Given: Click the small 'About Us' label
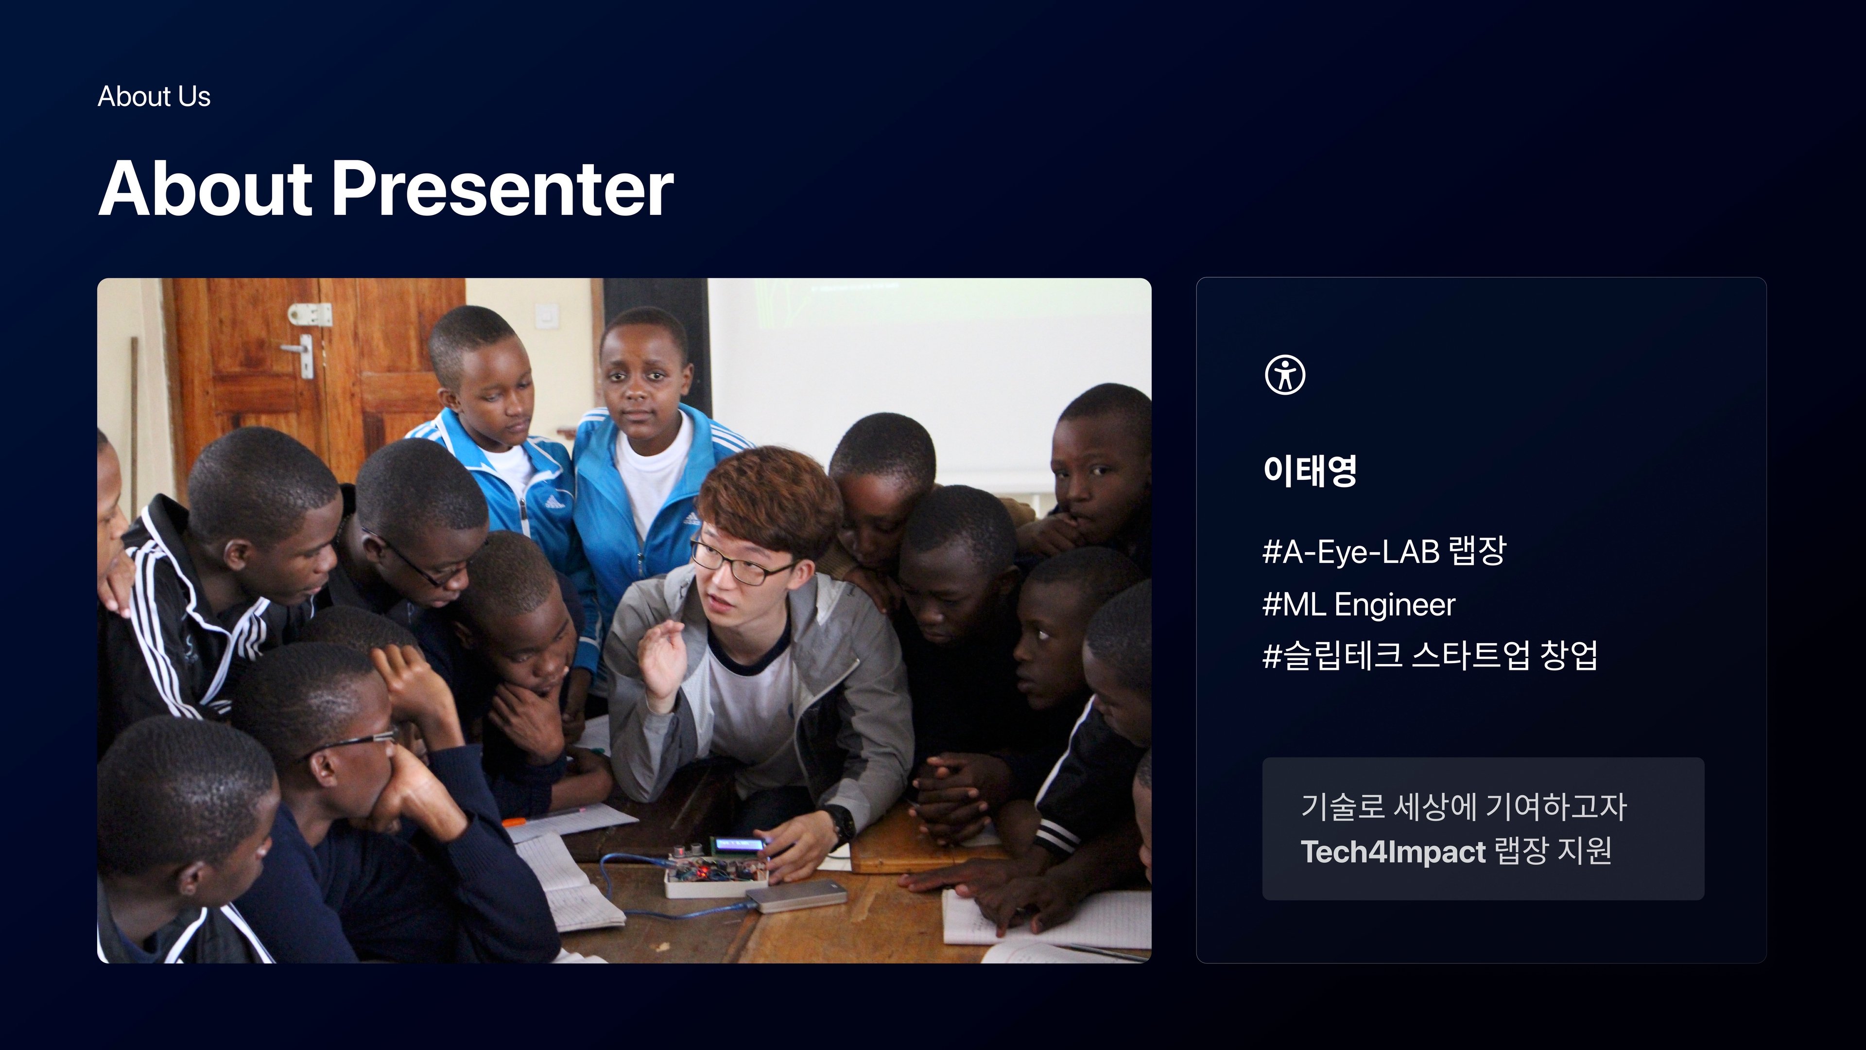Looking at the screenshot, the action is point(154,96).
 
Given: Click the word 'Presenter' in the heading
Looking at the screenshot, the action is point(503,189).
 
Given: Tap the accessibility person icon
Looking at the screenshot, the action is point(1285,375).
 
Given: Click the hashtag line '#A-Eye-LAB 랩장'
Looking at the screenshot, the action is point(1383,551).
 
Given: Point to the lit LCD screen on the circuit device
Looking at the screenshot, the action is point(739,844).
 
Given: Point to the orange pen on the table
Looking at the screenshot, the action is point(514,822).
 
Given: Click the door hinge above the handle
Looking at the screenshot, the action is point(310,315).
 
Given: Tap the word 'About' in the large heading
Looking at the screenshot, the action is point(205,189).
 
